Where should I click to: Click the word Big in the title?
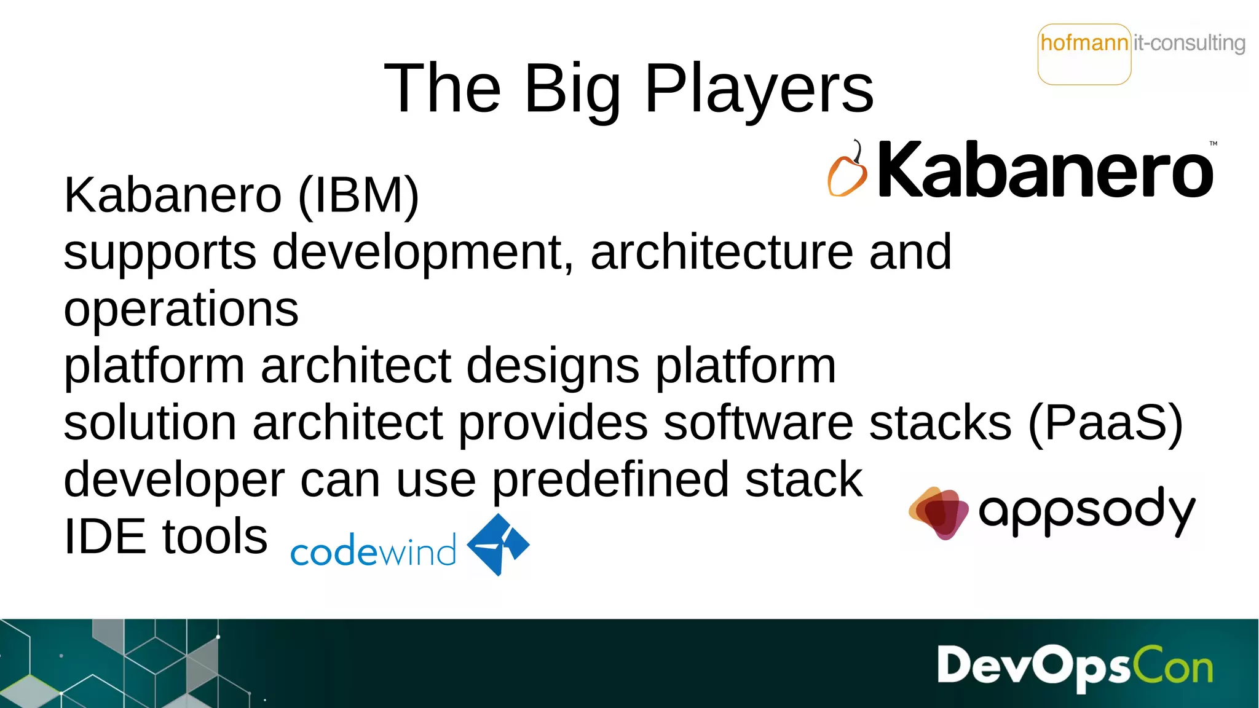pos(572,90)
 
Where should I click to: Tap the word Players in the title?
pos(759,90)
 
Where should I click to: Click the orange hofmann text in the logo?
pos(1084,43)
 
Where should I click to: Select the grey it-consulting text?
pos(1189,43)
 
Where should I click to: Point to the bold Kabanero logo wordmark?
pos(1045,170)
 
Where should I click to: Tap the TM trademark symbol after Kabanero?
pos(1213,144)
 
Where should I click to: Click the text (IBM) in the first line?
pos(358,195)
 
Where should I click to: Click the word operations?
pos(181,309)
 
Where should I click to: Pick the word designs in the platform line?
pos(553,366)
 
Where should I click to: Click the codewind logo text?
pos(373,550)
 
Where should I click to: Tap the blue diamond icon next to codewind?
pos(498,545)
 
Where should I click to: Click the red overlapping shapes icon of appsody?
pos(937,512)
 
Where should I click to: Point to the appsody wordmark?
pos(1086,511)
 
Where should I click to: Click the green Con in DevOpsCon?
pos(1172,666)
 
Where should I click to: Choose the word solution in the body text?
pos(150,423)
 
